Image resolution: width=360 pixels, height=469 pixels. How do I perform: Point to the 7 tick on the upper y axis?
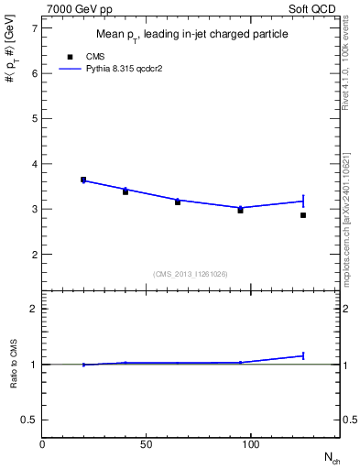pyautogui.click(x=35, y=28)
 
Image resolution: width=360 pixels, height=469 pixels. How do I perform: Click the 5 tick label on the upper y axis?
pyautogui.click(x=35, y=119)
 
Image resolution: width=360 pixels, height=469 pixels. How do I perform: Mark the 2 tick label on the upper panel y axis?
pyautogui.click(x=35, y=255)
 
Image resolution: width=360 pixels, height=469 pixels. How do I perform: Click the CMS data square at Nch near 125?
pyautogui.click(x=303, y=215)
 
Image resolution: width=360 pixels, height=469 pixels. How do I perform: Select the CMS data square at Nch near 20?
pyautogui.click(x=83, y=180)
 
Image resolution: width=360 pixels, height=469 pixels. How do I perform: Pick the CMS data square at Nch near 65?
pyautogui.click(x=178, y=202)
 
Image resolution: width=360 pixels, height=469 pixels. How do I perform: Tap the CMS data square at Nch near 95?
pyautogui.click(x=240, y=210)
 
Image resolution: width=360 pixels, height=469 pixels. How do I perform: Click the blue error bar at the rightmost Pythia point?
pyautogui.click(x=303, y=201)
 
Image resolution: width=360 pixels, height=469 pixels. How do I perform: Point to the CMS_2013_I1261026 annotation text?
pyautogui.click(x=191, y=274)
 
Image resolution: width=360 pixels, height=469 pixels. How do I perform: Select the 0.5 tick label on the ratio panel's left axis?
pyautogui.click(x=29, y=420)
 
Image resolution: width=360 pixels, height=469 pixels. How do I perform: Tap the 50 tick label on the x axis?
pyautogui.click(x=146, y=444)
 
